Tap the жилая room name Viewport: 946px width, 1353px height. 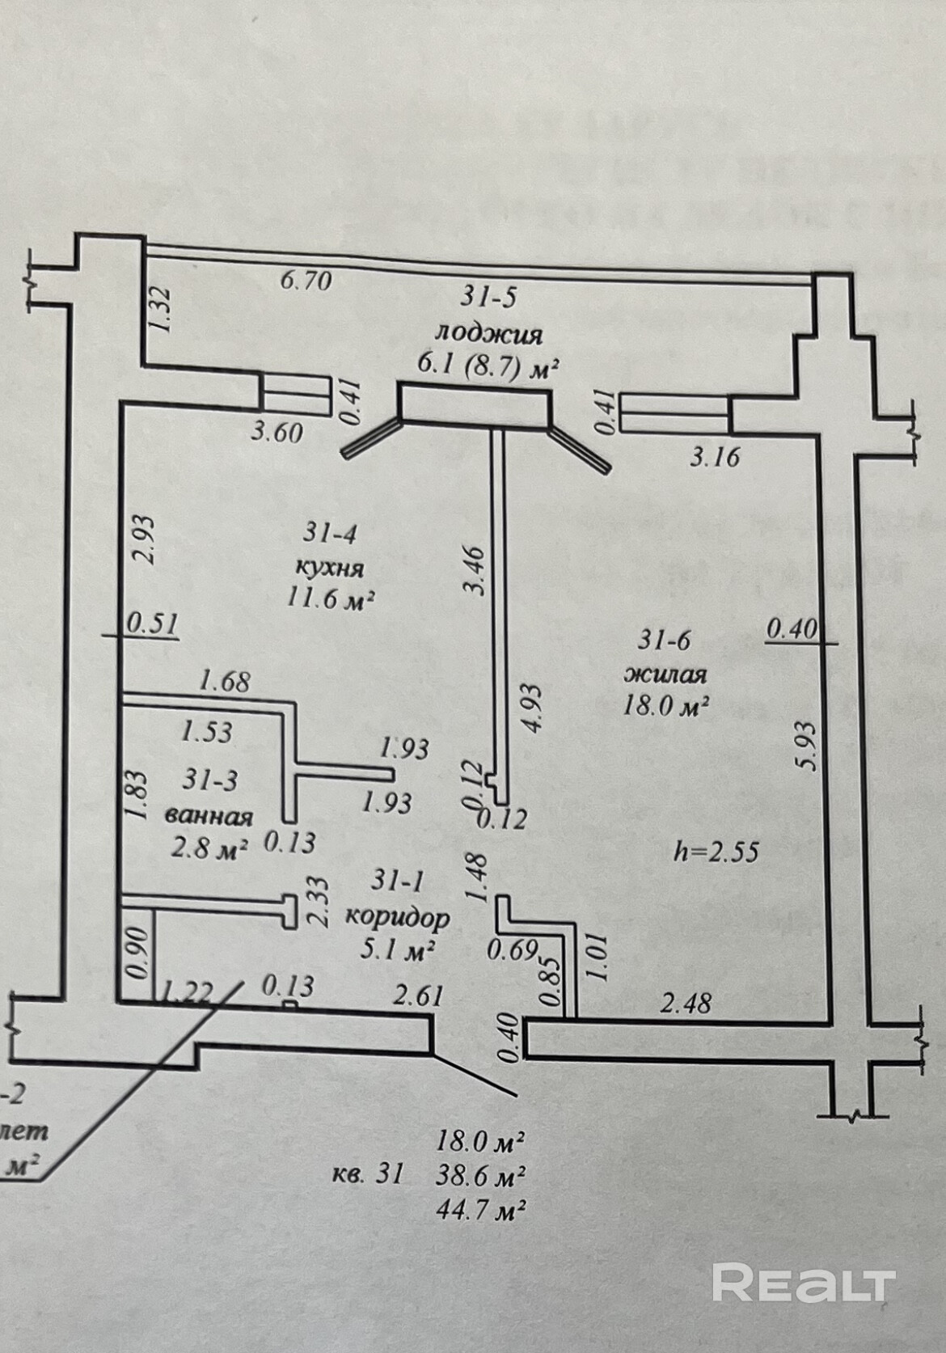pos(665,674)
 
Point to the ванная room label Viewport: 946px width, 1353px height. pos(209,815)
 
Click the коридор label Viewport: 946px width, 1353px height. pos(397,917)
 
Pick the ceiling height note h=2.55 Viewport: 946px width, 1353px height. pos(716,851)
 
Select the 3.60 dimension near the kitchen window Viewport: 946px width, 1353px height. pos(277,432)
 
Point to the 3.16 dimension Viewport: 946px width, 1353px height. pos(714,457)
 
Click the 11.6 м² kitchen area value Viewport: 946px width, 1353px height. pos(330,599)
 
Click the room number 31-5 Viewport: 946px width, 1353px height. pos(488,298)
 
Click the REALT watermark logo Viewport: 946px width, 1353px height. pos(805,1284)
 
